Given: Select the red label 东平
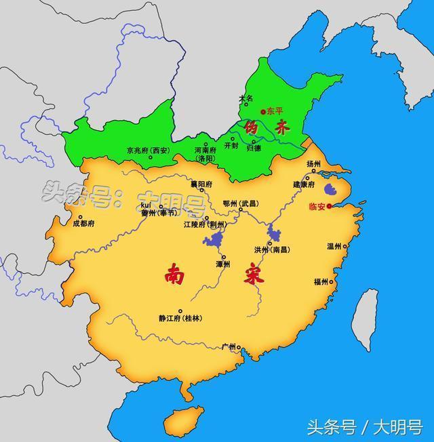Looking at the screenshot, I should (275, 110).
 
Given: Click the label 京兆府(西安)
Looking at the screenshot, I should (148, 150).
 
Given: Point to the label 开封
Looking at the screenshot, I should (231, 146).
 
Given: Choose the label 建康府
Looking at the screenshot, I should (304, 184).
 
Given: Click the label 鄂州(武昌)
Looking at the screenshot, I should (240, 203).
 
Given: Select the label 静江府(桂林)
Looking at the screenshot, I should (180, 318).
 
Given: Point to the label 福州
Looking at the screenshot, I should (321, 281).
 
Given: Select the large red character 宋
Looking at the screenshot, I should (254, 277).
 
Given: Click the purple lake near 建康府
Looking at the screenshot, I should (332, 189).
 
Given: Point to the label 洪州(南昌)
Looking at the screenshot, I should (271, 249).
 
